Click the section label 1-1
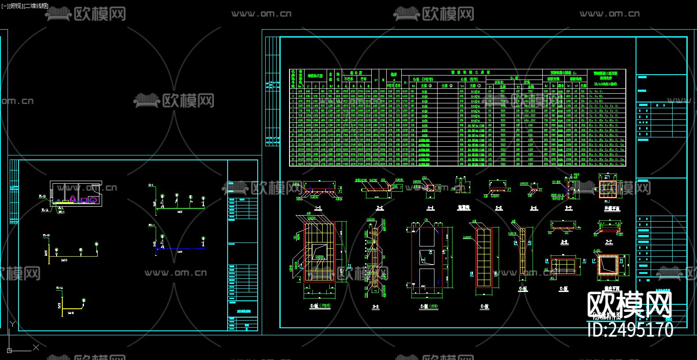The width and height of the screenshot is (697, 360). (317, 208)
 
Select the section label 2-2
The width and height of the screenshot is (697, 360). (379, 208)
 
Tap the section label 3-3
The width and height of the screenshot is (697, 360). (375, 307)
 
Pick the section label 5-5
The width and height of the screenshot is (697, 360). (499, 208)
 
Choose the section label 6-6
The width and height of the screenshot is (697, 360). (533, 208)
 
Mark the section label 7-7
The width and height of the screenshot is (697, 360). (609, 242)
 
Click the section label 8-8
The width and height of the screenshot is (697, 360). (564, 242)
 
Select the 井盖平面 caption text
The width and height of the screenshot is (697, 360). (612, 208)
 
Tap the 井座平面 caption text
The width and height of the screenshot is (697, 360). (612, 288)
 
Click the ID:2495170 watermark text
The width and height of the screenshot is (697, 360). (630, 330)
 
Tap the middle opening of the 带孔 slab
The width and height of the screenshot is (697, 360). (426, 258)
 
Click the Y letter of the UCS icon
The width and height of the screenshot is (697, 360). (13, 325)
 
